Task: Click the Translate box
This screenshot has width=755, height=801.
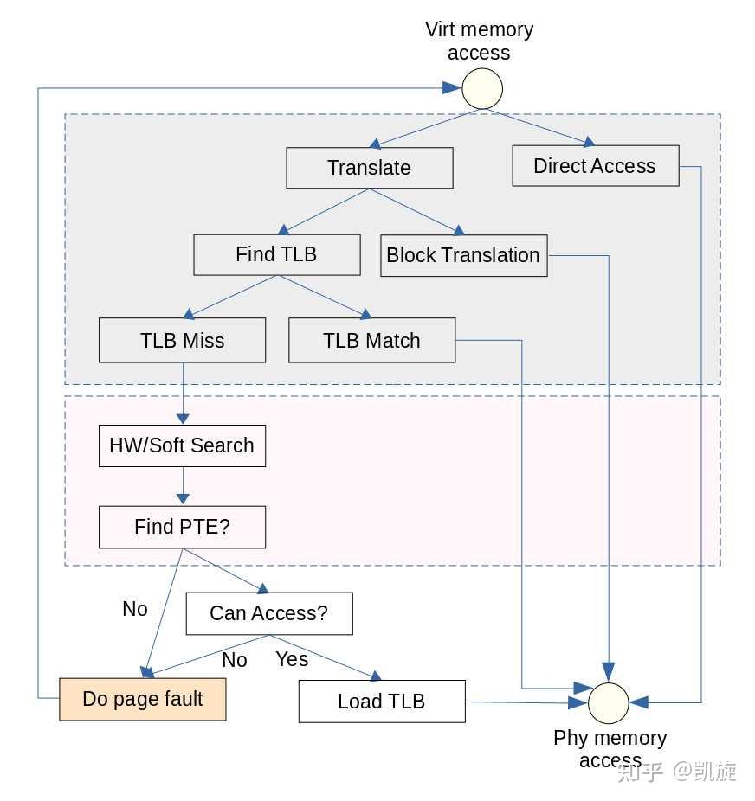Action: point(369,168)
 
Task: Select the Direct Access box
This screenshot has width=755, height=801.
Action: point(595,166)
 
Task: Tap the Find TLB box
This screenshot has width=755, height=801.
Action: point(276,254)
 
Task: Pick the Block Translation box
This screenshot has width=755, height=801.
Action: point(463,255)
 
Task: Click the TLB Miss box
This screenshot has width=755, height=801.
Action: point(182,341)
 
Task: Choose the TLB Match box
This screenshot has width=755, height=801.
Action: point(371,341)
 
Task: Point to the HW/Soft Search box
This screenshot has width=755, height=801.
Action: point(182,445)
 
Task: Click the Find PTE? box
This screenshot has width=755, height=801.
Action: point(182,527)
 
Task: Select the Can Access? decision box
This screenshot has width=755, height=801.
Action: point(268,613)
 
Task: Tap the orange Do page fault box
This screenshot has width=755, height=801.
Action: point(142,699)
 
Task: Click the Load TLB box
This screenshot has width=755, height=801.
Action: point(381,701)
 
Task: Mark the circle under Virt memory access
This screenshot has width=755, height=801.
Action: point(481,88)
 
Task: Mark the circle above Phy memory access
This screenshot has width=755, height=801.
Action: point(609,702)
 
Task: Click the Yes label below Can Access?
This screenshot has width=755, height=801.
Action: point(292,659)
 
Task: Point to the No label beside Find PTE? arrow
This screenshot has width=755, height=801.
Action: point(135,609)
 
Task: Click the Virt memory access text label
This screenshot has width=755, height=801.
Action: point(479,41)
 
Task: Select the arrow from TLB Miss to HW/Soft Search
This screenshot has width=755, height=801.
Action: point(183,394)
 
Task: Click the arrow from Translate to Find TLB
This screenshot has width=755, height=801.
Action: point(325,212)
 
